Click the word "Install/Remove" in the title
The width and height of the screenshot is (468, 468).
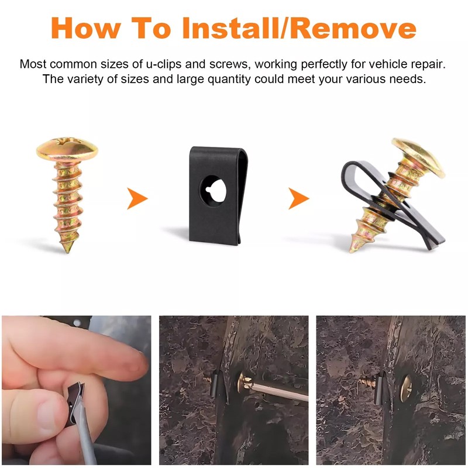(x=300, y=27)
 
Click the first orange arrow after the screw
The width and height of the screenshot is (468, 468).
(x=137, y=199)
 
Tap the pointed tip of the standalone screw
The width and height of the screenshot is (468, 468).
(x=67, y=248)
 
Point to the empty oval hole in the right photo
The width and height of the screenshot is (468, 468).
(x=406, y=388)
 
